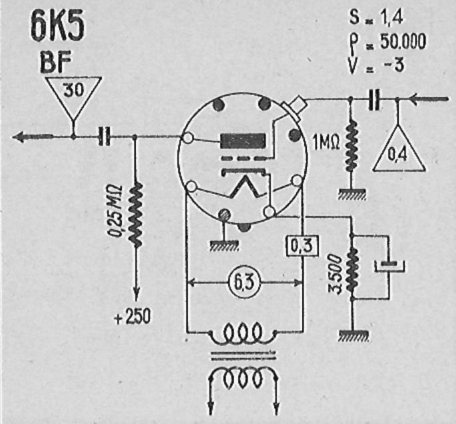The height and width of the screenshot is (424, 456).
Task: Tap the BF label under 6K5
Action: (x=56, y=63)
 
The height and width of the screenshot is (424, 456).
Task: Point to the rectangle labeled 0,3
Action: (x=302, y=246)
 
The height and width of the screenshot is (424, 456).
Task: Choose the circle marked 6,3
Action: (x=244, y=282)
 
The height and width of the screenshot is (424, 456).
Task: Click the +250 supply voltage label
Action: (x=132, y=316)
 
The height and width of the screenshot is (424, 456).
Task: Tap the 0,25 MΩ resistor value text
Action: (x=116, y=211)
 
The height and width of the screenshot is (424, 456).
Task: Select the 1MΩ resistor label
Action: (x=326, y=142)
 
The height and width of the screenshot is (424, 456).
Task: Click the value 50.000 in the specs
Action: (x=403, y=41)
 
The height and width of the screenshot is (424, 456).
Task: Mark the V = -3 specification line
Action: (x=377, y=65)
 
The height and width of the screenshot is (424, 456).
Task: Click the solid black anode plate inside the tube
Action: (x=243, y=141)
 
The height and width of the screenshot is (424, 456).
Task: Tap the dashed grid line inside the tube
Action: (x=244, y=159)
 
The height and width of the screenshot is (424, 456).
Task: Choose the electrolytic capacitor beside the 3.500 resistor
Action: (x=389, y=266)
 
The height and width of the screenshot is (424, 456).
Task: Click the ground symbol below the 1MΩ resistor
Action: (x=351, y=194)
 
